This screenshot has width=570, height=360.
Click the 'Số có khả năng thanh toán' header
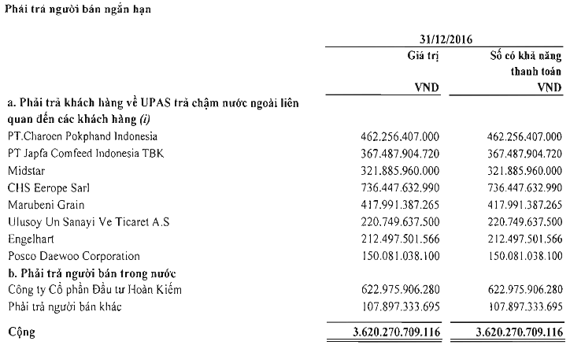pyautogui.click(x=524, y=62)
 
